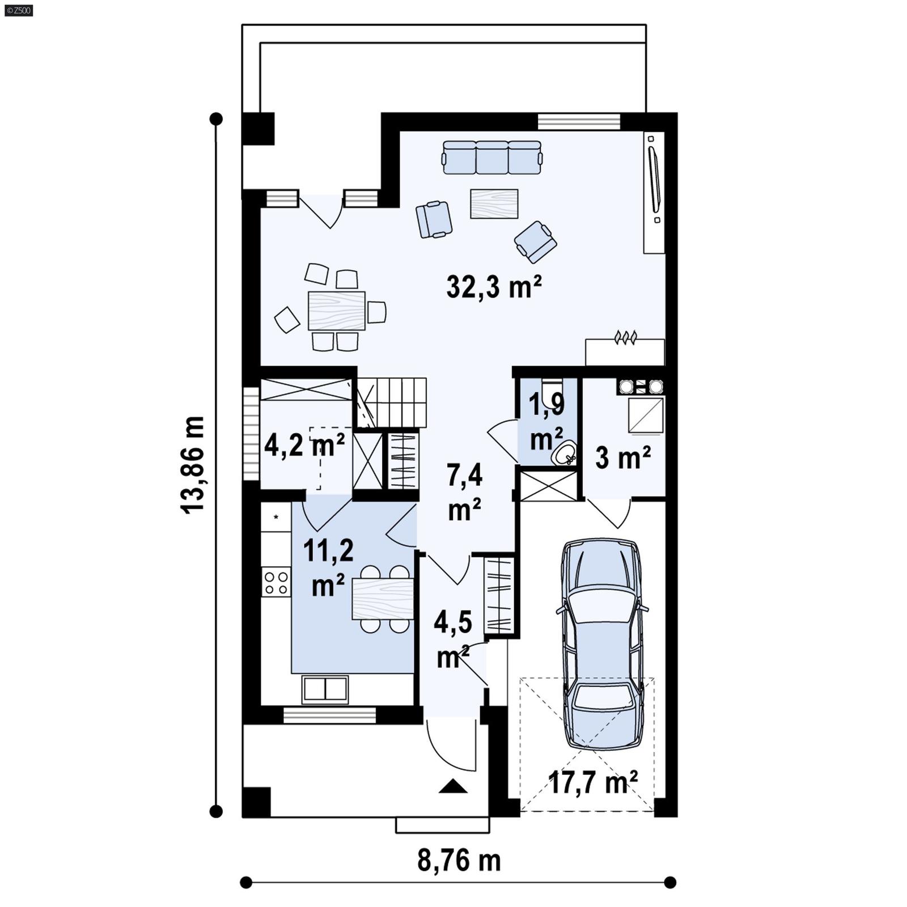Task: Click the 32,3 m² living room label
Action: tap(494, 287)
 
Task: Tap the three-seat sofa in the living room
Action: tap(491, 158)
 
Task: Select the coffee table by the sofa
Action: tap(494, 204)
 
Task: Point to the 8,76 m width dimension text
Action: tap(459, 861)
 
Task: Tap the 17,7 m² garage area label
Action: tap(593, 783)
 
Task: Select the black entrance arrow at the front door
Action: tap(453, 786)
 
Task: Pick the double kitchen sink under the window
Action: tap(325, 689)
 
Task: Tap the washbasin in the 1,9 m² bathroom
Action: tap(565, 453)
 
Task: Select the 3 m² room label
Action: tap(622, 457)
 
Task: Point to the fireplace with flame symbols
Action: tap(625, 350)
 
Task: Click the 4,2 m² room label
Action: tap(304, 446)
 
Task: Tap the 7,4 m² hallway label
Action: tap(464, 491)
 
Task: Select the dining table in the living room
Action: tap(336, 311)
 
